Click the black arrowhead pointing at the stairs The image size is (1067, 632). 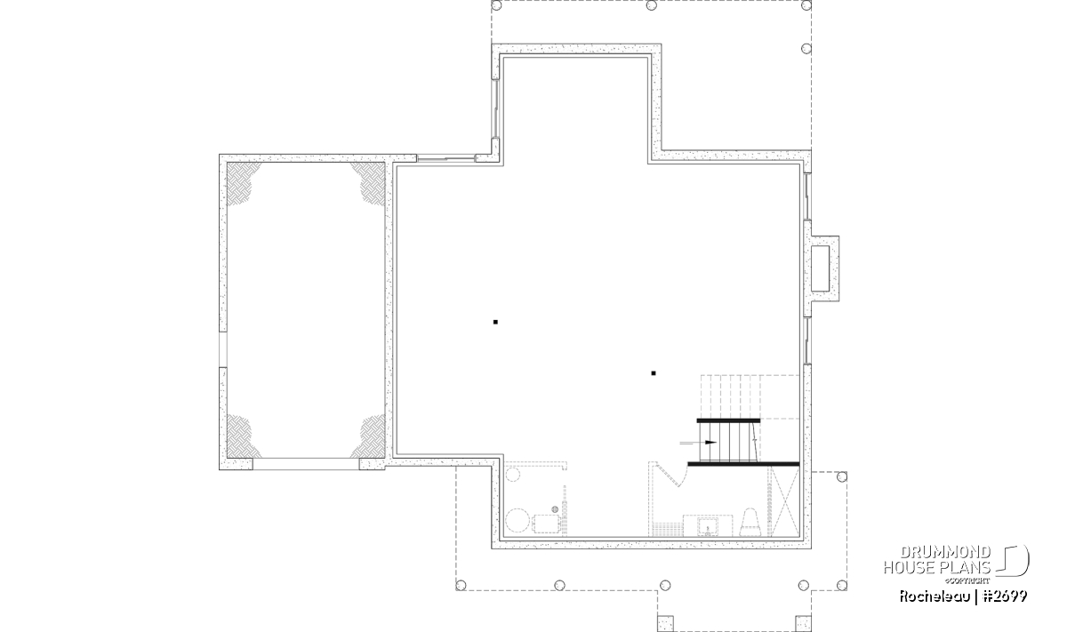[710, 443]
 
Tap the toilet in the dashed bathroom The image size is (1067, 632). [750, 522]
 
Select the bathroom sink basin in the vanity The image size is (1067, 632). [708, 527]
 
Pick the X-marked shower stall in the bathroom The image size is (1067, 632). [784, 501]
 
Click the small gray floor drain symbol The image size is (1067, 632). [555, 509]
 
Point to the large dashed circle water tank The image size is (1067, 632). [517, 521]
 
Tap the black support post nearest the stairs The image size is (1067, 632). [654, 373]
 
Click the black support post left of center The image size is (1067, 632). [495, 323]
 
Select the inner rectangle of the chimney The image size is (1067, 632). [820, 268]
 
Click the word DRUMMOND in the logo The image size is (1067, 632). [945, 553]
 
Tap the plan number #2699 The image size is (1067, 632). [1005, 596]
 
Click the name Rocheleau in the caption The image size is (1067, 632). [935, 596]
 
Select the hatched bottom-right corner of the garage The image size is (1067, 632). [369, 436]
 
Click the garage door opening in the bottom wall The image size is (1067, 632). [306, 464]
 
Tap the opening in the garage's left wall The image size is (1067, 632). [223, 349]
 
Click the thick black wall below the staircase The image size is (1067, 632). [743, 464]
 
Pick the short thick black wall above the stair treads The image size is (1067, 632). [728, 421]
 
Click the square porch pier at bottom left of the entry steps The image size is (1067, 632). [665, 623]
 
